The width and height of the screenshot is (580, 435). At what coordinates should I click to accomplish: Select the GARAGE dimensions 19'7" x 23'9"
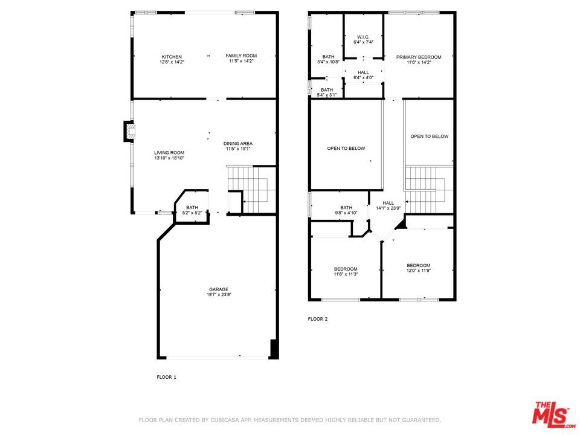tap(219, 295)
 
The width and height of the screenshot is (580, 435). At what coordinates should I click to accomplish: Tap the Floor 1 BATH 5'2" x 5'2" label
tap(192, 210)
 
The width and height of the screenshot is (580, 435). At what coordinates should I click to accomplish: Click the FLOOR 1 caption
tap(167, 377)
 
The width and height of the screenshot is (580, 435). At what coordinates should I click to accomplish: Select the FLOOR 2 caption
tap(318, 319)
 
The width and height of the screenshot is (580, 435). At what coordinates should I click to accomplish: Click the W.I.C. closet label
tap(363, 40)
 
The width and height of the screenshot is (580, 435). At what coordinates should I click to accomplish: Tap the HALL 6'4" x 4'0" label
tap(363, 75)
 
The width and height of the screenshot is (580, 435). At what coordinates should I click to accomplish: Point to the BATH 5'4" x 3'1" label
tap(327, 92)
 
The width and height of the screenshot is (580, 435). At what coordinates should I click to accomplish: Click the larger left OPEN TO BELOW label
tap(346, 149)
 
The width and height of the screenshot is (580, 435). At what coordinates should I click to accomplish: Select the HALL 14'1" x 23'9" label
tap(388, 205)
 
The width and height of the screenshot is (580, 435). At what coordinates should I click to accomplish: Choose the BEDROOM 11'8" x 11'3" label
tap(346, 271)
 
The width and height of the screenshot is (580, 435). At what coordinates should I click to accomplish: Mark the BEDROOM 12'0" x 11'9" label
tap(418, 268)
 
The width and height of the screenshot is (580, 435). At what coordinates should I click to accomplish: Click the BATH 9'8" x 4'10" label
tap(346, 210)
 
